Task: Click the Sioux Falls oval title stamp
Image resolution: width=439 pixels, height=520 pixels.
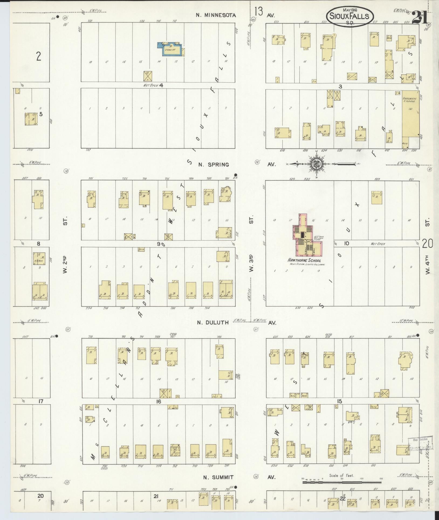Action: click(350, 16)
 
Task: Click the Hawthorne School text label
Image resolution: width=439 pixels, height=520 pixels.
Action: click(304, 261)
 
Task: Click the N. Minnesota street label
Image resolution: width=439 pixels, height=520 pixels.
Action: click(216, 15)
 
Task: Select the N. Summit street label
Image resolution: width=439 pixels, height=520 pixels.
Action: click(218, 477)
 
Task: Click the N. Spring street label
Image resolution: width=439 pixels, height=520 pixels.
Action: click(214, 165)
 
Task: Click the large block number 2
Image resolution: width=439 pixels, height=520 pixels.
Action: click(39, 57)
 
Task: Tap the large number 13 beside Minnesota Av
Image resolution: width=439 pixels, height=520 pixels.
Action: click(258, 12)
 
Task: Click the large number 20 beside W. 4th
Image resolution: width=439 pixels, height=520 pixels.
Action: click(427, 244)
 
